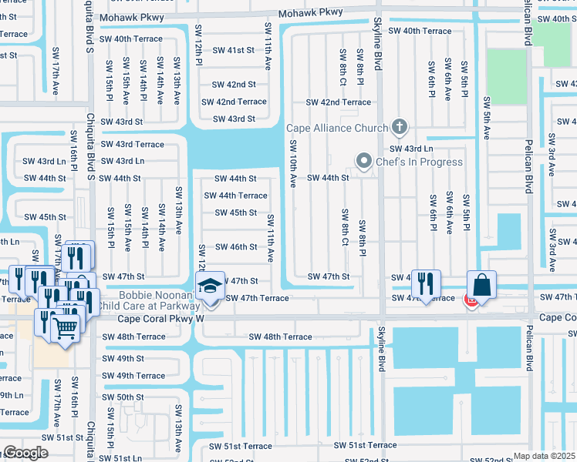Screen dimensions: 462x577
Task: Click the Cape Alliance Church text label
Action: tap(337, 129)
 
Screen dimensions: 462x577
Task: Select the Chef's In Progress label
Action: tap(419, 162)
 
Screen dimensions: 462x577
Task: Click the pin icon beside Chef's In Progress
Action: tap(363, 161)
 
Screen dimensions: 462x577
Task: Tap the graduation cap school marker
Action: tap(208, 287)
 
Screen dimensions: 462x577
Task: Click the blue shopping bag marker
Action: tap(481, 284)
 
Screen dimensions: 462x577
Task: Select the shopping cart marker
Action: tap(66, 327)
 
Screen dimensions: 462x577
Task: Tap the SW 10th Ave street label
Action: tap(293, 164)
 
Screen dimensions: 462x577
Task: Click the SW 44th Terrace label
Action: tap(235, 196)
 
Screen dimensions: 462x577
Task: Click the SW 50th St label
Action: tap(123, 397)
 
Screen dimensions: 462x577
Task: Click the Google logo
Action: tap(25, 453)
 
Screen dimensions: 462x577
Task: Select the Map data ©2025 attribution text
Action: tap(545, 456)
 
